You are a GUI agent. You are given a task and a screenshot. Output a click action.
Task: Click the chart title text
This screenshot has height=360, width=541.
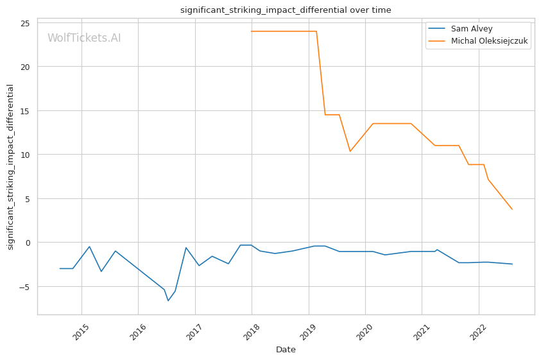[286, 10]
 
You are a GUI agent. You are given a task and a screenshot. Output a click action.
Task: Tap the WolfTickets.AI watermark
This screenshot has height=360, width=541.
[84, 39]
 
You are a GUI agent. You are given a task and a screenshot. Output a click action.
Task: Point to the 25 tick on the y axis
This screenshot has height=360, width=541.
[24, 23]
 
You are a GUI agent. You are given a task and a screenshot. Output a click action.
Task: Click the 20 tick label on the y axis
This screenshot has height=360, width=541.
[24, 67]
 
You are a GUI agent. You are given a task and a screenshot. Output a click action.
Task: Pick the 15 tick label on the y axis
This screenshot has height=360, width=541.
[24, 111]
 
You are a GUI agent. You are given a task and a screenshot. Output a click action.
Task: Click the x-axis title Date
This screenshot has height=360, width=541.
[286, 350]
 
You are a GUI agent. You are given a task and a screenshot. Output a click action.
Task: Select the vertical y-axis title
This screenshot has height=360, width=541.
[10, 167]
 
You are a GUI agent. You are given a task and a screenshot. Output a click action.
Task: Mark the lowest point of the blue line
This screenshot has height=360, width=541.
[168, 301]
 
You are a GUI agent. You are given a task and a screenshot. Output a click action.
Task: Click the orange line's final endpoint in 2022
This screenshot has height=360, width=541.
[512, 209]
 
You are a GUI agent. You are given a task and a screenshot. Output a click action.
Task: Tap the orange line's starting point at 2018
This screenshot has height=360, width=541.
[252, 31]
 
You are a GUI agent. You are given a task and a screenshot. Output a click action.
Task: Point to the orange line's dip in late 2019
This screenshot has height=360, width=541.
[350, 151]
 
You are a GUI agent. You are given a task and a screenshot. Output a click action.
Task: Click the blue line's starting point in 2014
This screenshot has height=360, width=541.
[60, 268]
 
